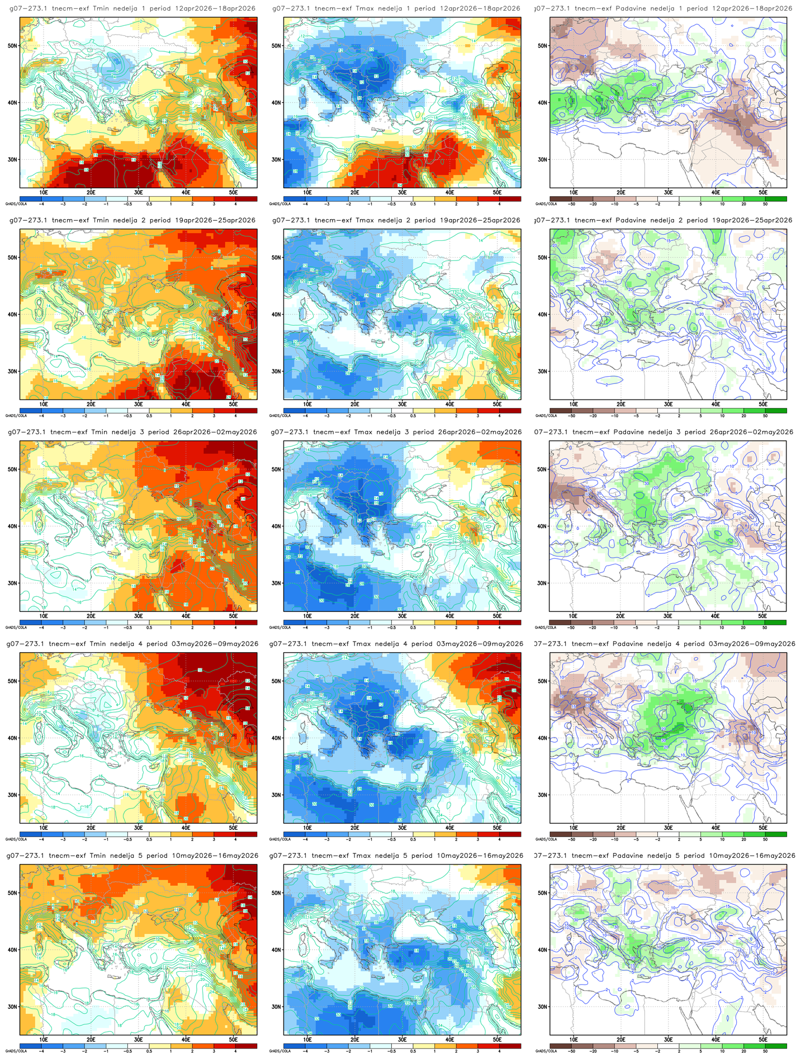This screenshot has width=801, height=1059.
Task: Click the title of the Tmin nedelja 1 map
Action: pos(132,8)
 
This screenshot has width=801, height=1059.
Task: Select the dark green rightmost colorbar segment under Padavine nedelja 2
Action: pos(775,410)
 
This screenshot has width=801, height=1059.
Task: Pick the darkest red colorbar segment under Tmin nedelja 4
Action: pos(246,834)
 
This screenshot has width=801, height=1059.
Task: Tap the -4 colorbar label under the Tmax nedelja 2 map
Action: pos(305,416)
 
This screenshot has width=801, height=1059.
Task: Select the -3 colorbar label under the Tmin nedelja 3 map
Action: pos(63,628)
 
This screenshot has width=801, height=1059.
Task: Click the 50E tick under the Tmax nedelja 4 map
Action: pos(497,827)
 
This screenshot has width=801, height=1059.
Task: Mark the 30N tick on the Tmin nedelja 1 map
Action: pos(12,159)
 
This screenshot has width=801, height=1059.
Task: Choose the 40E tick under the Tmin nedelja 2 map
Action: pos(186,403)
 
